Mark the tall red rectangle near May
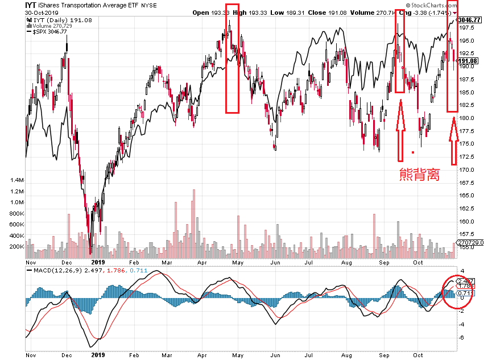[x=233, y=66]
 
